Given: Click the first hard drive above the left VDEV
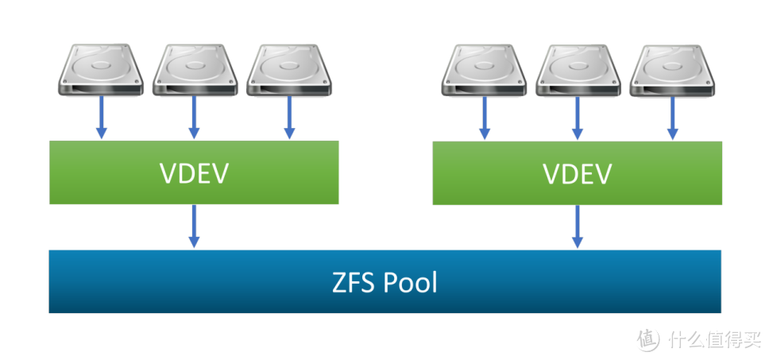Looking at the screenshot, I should (x=101, y=69).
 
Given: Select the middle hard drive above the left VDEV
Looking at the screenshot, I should (x=194, y=69).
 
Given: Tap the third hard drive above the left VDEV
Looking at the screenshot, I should (x=288, y=69).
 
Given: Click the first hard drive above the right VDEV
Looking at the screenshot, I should (x=484, y=69).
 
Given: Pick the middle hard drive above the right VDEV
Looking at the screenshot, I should (x=577, y=69).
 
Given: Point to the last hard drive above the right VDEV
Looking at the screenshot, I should (x=671, y=69).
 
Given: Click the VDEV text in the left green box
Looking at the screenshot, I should (x=194, y=173).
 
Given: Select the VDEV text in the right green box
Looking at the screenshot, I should (x=577, y=173).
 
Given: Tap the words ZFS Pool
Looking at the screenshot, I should (x=384, y=282).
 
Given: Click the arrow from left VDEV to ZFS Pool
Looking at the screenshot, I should (x=195, y=226).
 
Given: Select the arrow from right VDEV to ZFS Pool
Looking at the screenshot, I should (x=578, y=226).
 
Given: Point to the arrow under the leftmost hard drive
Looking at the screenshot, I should (x=101, y=118).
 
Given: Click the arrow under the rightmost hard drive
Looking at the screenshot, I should (x=672, y=118).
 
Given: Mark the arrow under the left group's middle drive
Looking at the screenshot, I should (x=195, y=118).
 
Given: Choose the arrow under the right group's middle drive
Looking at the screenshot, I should (x=578, y=118).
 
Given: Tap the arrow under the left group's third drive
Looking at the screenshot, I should (x=289, y=118).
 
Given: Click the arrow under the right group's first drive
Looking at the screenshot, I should (x=484, y=118).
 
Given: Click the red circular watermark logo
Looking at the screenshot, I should (x=647, y=337).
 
